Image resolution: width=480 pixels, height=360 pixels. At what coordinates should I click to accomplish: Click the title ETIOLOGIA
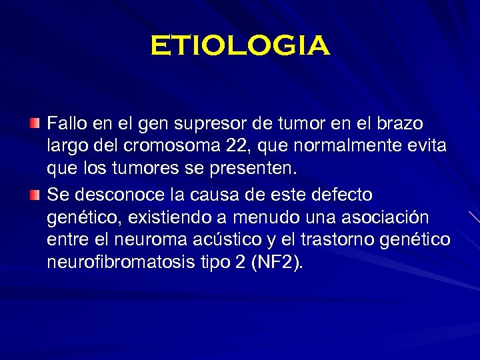point(240,46)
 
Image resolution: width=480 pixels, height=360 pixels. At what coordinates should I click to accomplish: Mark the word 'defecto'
point(339,195)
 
